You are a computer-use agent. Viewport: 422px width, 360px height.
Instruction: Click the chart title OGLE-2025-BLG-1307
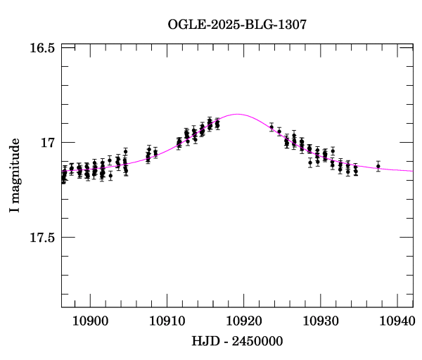237,25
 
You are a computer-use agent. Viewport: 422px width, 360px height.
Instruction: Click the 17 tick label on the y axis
49,143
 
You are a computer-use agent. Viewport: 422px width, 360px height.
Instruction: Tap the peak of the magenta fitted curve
238,114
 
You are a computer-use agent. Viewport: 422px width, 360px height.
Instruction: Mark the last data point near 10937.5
378,167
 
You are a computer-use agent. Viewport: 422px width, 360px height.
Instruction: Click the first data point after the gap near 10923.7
272,127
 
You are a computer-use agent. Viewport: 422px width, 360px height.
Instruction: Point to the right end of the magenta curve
413,171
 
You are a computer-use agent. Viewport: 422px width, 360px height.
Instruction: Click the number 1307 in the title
293,25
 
